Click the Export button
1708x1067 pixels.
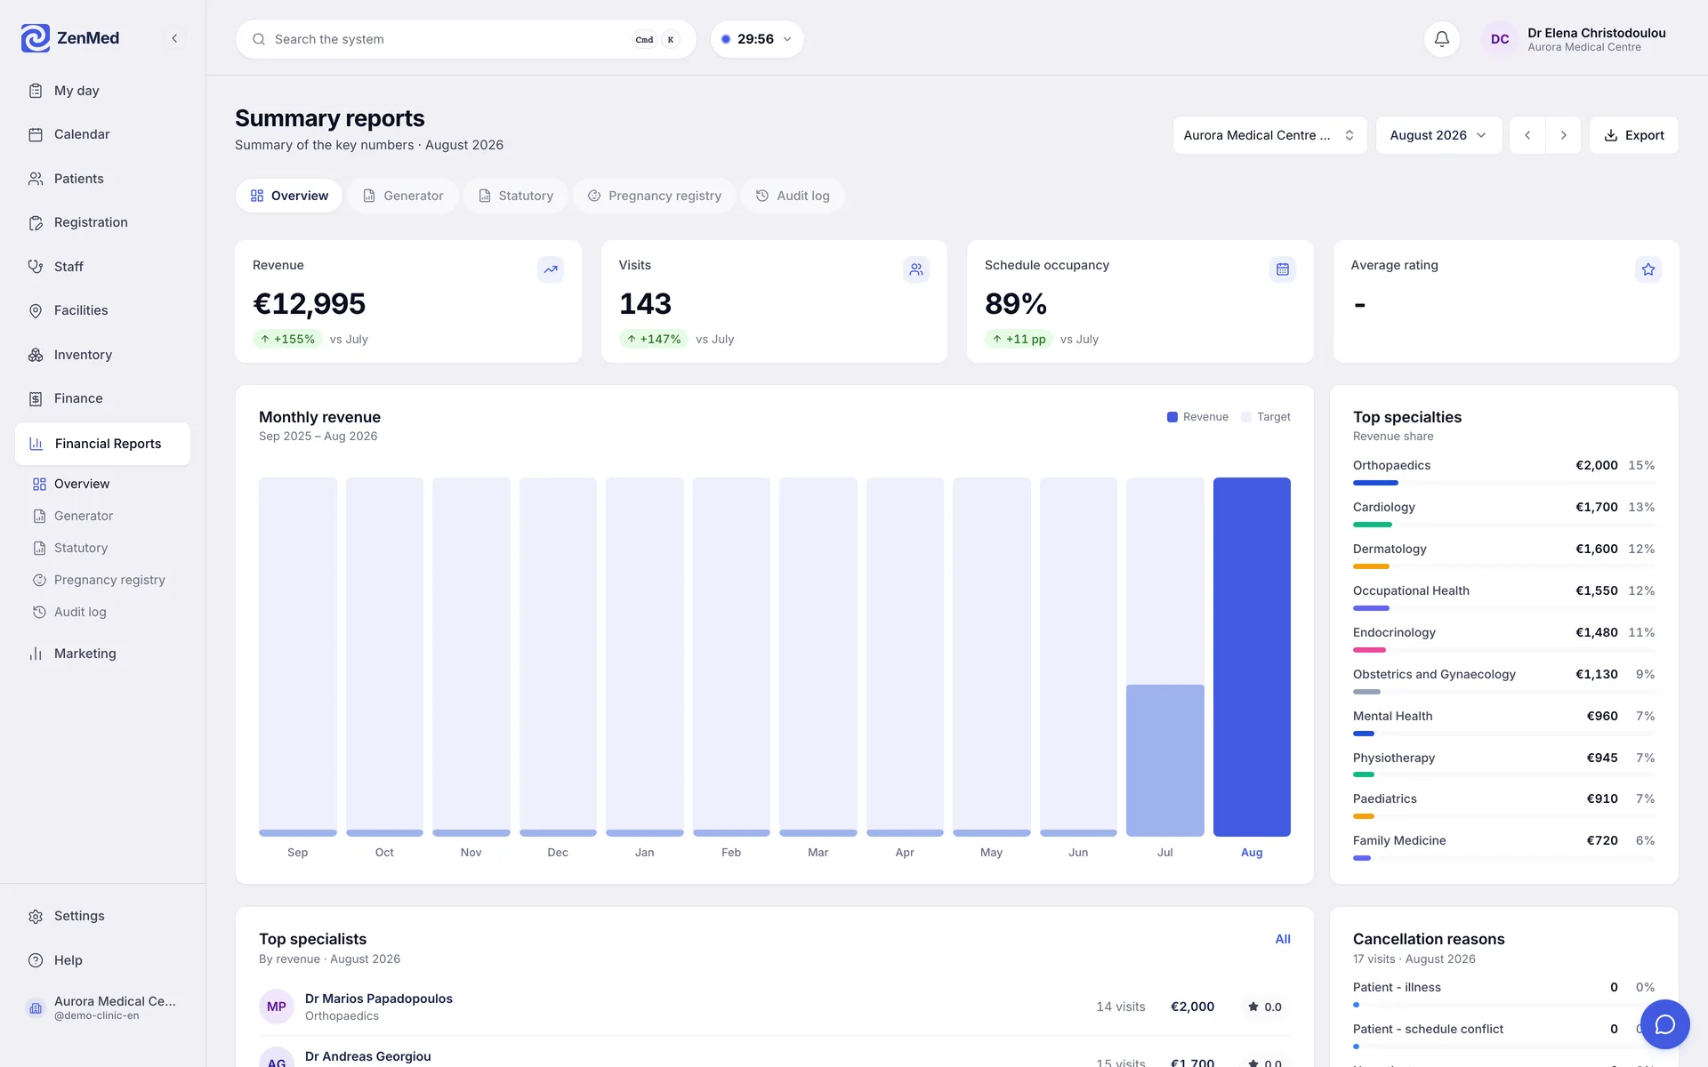[x=1633, y=135]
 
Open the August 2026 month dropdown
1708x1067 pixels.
[x=1438, y=135]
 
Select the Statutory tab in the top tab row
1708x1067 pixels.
[x=515, y=196]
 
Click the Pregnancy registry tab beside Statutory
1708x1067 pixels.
[x=654, y=196]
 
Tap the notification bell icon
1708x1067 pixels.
[x=1442, y=39]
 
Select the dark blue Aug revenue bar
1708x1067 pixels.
[x=1252, y=657]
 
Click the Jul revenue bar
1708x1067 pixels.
[x=1165, y=760]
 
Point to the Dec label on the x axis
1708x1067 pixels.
[x=558, y=853]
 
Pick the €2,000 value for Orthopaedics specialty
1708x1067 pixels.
[x=1597, y=465]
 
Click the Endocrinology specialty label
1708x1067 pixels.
[x=1394, y=632]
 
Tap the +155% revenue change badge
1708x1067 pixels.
[x=287, y=339]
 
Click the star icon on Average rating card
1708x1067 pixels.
[x=1648, y=269]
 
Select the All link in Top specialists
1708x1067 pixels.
[x=1283, y=939]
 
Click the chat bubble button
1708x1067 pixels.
[x=1664, y=1024]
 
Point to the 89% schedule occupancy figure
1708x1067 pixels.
[x=1016, y=304]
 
